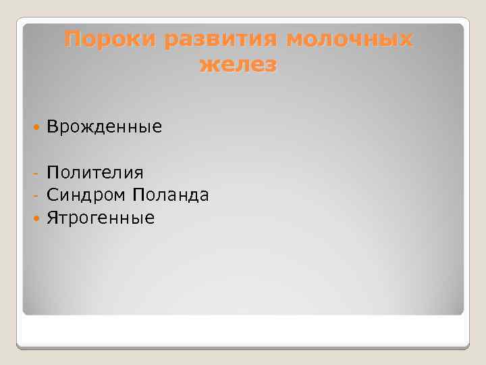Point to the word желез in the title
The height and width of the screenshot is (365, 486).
(238, 65)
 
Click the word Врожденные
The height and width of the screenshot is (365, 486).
(105, 126)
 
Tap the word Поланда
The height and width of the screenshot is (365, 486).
(171, 196)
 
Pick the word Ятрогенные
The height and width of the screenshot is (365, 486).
(101, 218)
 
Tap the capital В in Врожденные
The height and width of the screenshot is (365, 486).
(52, 126)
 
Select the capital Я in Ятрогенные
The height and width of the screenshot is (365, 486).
(52, 218)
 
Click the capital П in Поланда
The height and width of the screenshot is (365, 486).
(138, 196)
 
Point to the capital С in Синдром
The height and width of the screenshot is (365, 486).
(52, 196)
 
